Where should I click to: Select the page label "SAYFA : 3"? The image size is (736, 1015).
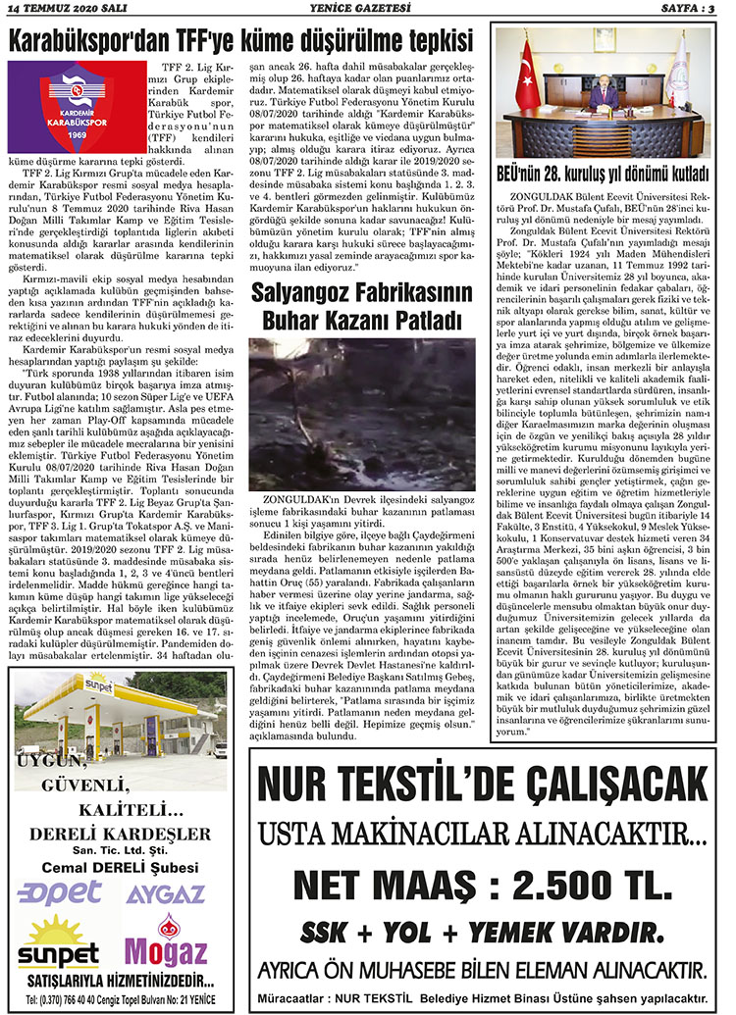pyautogui.click(x=691, y=10)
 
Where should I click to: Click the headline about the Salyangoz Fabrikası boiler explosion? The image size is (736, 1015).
pyautogui.click(x=361, y=305)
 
